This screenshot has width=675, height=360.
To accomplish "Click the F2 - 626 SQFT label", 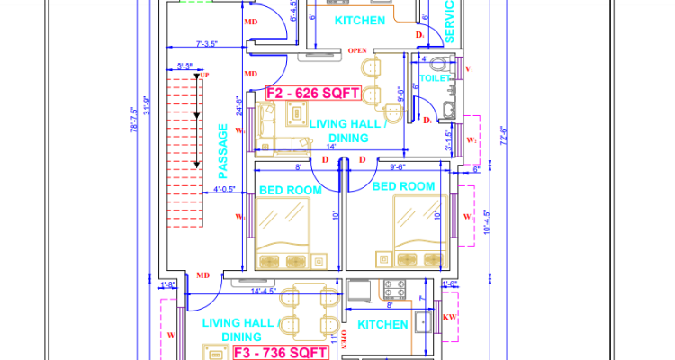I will [x=312, y=93].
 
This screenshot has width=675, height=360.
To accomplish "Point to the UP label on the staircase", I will [x=203, y=76].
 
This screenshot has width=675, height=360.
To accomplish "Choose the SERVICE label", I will [x=450, y=22].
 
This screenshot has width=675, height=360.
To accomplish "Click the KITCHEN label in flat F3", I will [x=384, y=323].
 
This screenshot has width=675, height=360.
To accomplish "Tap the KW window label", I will [x=450, y=318].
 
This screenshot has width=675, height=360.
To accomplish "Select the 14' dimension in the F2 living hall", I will [x=331, y=147].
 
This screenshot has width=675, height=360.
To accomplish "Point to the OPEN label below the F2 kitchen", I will [x=356, y=50].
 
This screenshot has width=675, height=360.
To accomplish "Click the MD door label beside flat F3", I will [x=203, y=275].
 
